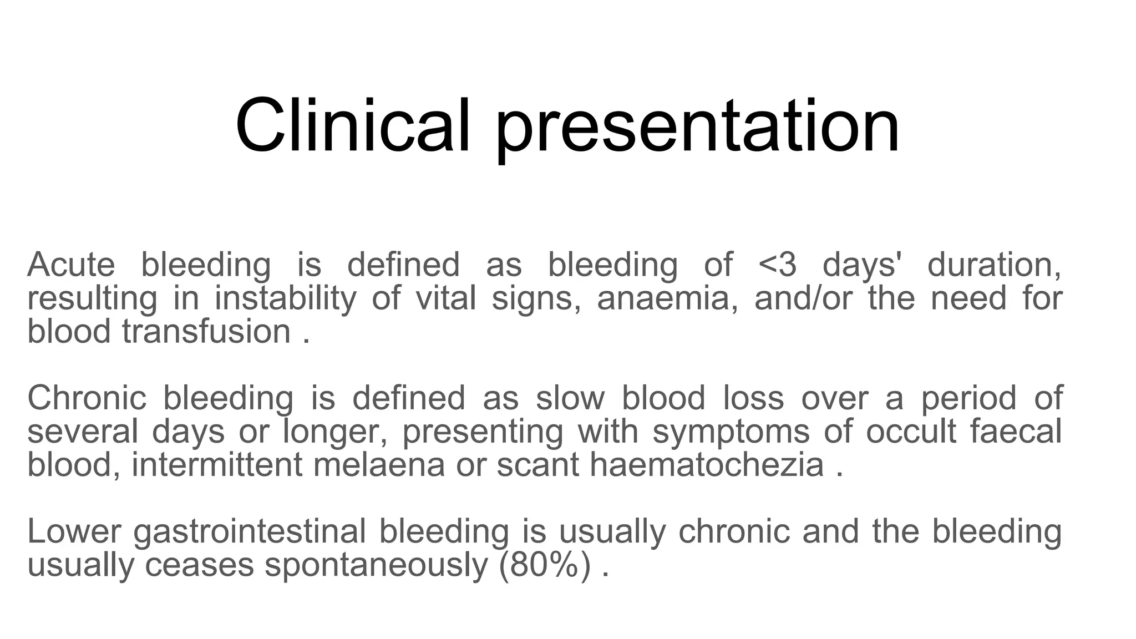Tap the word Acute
click(71, 265)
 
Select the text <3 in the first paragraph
click(777, 265)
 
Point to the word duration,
click(994, 265)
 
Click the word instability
click(285, 298)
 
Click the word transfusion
click(206, 332)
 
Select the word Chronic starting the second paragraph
click(87, 398)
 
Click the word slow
click(570, 398)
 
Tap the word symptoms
click(731, 433)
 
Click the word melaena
click(379, 465)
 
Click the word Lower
click(73, 531)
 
